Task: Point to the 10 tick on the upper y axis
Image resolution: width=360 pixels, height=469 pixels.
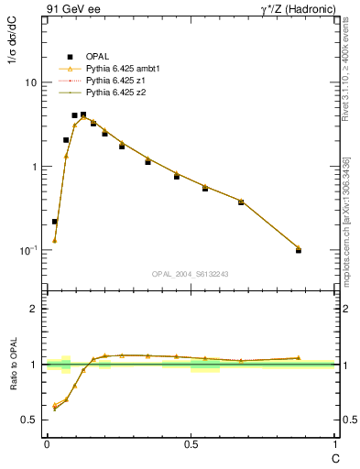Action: (x=31, y=82)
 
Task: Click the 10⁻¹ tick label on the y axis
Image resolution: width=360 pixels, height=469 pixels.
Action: (x=28, y=250)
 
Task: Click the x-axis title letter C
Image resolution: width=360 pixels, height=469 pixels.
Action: (x=334, y=457)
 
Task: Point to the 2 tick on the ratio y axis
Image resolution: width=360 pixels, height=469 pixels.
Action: (x=35, y=309)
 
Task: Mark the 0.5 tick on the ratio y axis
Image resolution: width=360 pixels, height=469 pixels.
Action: (x=31, y=420)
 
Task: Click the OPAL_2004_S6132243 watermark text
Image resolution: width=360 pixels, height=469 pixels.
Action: (x=191, y=274)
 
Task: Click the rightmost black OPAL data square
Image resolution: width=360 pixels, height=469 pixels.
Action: (x=299, y=250)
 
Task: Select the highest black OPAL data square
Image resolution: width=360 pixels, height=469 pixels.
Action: (x=83, y=115)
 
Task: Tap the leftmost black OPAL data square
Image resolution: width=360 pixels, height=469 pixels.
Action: (x=55, y=222)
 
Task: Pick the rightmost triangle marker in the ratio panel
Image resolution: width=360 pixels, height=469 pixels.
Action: (x=299, y=358)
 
